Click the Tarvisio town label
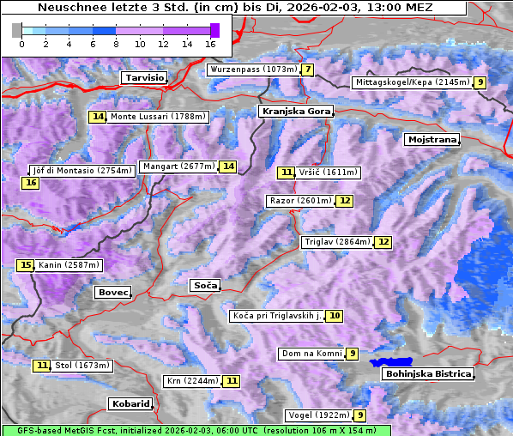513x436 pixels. click(144, 77)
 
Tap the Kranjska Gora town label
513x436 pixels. click(294, 112)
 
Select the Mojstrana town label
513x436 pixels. click(432, 139)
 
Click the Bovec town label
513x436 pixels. click(112, 293)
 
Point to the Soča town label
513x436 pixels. click(205, 285)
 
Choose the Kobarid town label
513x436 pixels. click(130, 403)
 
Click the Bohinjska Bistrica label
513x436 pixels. click(426, 373)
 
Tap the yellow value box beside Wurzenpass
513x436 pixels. click(307, 70)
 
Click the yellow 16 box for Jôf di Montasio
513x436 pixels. click(30, 183)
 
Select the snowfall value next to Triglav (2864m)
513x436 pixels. click(383, 242)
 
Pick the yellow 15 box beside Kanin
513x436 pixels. click(25, 265)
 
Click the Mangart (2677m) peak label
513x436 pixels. click(178, 167)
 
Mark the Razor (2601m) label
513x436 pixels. click(299, 201)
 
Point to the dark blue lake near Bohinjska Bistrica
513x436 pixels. click(390, 363)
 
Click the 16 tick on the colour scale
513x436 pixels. click(210, 43)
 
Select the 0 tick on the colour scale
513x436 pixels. click(21, 43)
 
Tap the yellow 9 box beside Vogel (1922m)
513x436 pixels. click(360, 415)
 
